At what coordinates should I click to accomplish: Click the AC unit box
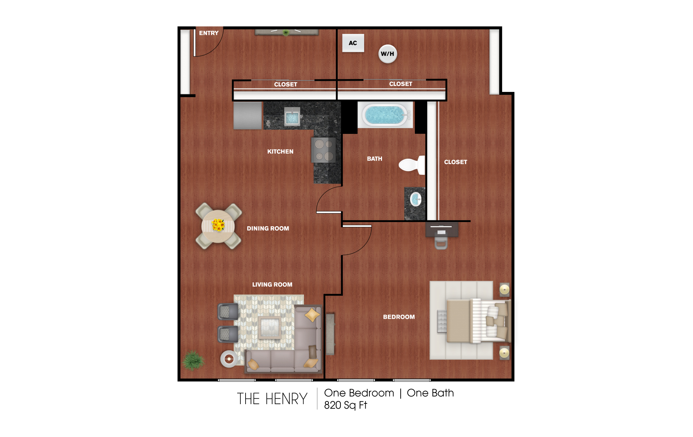[x=353, y=43]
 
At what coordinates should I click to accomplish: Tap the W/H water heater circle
[x=388, y=54]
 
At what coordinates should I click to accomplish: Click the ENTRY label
[x=209, y=33]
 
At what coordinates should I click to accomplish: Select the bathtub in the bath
[x=385, y=115]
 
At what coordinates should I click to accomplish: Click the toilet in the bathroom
[x=411, y=165]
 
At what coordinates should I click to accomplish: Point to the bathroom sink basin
[x=416, y=200]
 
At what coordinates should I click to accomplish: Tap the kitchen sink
[x=292, y=117]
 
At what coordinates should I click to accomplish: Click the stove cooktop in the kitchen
[x=324, y=150]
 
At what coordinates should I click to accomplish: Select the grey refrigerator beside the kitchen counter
[x=248, y=115]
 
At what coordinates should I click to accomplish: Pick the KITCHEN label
[x=280, y=152]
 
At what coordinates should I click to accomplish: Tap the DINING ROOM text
[x=268, y=229]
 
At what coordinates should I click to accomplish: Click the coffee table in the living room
[x=270, y=328]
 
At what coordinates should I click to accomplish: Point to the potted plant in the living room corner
[x=193, y=360]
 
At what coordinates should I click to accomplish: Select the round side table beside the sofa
[x=229, y=359]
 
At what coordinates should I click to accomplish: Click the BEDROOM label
[x=399, y=317]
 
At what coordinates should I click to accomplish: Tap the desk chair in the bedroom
[x=441, y=243]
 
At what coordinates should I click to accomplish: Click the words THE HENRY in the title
[x=272, y=399]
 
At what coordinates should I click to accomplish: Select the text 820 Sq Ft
[x=346, y=405]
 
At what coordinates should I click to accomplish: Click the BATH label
[x=375, y=159]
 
